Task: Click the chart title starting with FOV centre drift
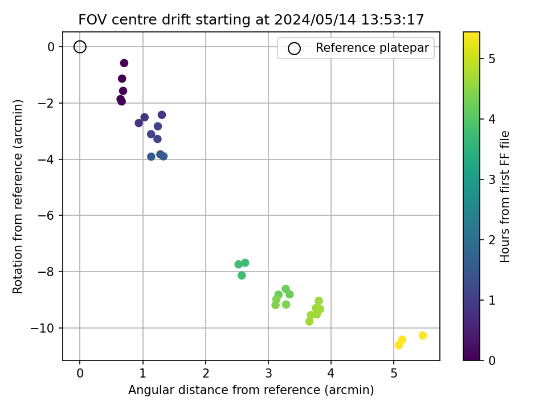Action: pyautogui.click(x=251, y=19)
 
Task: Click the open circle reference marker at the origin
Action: pyautogui.click(x=80, y=41)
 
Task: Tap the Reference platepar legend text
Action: pyautogui.click(x=372, y=47)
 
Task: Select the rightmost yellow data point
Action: pyautogui.click(x=422, y=335)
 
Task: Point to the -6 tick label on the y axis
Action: pyautogui.click(x=46, y=215)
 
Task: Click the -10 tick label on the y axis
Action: pyautogui.click(x=43, y=329)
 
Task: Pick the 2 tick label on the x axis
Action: pyautogui.click(x=206, y=374)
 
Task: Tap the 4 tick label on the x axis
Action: pyautogui.click(x=330, y=374)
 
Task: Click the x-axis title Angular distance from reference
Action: pyautogui.click(x=251, y=389)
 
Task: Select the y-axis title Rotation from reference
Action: pyautogui.click(x=18, y=196)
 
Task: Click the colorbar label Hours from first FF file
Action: pyautogui.click(x=504, y=196)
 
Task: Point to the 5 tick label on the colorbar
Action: pyautogui.click(x=492, y=59)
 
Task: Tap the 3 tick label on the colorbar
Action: pyautogui.click(x=492, y=179)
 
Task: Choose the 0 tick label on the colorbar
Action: pyautogui.click(x=492, y=360)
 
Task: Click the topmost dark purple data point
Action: pyautogui.click(x=124, y=63)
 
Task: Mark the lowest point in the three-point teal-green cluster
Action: pyautogui.click(x=242, y=276)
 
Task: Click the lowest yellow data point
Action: pyautogui.click(x=398, y=345)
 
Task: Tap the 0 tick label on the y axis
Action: pyautogui.click(x=51, y=47)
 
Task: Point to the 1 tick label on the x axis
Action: pyautogui.click(x=142, y=374)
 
